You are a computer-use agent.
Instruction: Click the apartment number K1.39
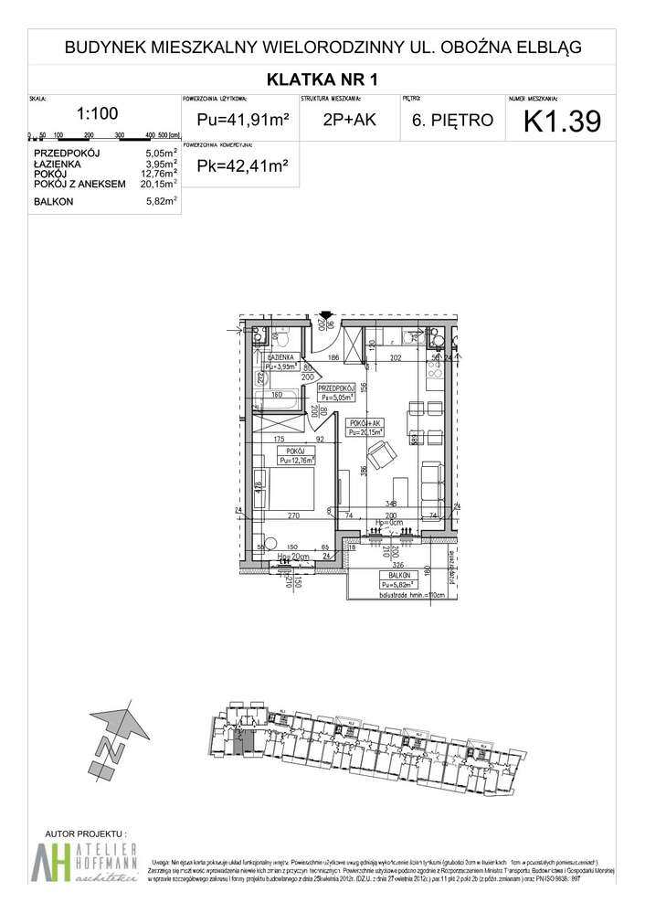pos(562,122)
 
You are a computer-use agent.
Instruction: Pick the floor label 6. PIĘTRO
pos(451,120)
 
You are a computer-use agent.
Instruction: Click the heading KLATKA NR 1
pos(322,78)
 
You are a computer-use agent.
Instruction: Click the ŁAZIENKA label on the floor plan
pos(280,357)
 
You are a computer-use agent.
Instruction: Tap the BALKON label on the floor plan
pos(395,575)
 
